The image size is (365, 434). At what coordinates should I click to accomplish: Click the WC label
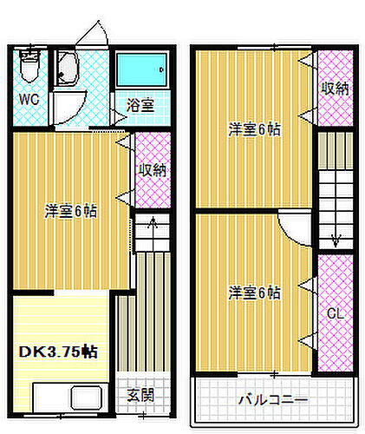click(x=29, y=99)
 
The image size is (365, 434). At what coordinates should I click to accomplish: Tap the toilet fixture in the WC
click(x=28, y=67)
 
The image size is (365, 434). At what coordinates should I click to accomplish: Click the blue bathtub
click(x=142, y=68)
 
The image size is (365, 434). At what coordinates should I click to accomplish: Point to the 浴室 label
click(x=140, y=106)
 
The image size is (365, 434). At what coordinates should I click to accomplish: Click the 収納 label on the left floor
click(x=152, y=170)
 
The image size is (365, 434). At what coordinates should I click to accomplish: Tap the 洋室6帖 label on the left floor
click(x=72, y=210)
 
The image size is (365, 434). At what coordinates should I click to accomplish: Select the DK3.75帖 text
click(x=59, y=352)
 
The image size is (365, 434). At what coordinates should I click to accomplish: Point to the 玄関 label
click(x=140, y=395)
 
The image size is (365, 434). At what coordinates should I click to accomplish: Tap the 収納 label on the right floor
click(x=335, y=89)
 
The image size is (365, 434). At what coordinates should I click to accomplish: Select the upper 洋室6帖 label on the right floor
click(x=254, y=130)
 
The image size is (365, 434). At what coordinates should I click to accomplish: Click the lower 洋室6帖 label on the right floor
click(x=254, y=293)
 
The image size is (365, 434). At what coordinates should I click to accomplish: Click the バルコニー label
click(x=272, y=400)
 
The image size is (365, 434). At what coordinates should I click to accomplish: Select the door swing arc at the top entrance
click(x=94, y=32)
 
